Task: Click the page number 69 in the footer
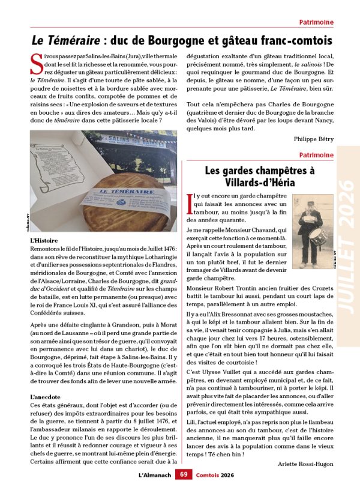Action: [x=184, y=474]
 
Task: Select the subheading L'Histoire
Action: [x=43, y=240]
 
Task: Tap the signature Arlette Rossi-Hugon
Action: [x=306, y=464]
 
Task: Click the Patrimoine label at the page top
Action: [x=316, y=22]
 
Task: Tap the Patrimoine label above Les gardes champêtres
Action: [x=316, y=155]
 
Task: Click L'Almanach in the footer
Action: [x=154, y=474]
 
